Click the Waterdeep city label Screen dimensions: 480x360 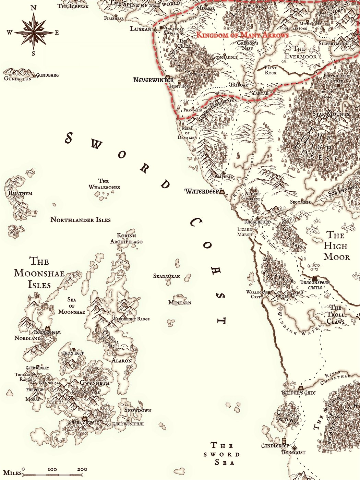point(202,191)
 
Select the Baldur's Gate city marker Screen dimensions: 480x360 point(301,387)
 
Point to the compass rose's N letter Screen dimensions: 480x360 point(34,8)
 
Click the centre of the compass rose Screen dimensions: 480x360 point(34,33)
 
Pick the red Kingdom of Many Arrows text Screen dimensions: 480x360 point(242,35)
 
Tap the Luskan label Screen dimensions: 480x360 point(140,29)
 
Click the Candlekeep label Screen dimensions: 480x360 point(275,446)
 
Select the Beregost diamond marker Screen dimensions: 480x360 point(294,448)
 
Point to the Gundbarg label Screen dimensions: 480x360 point(47,75)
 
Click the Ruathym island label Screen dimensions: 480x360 point(20,193)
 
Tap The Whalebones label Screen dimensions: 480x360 point(104,184)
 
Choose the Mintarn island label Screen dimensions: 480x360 point(180,302)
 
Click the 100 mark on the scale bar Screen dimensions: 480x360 point(52,469)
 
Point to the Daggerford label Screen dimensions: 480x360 point(257,222)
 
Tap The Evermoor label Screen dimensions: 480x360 point(300,52)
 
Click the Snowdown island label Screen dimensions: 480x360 point(137,410)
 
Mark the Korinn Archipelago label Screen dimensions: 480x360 point(126,239)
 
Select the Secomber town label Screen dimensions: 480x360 point(300,202)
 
